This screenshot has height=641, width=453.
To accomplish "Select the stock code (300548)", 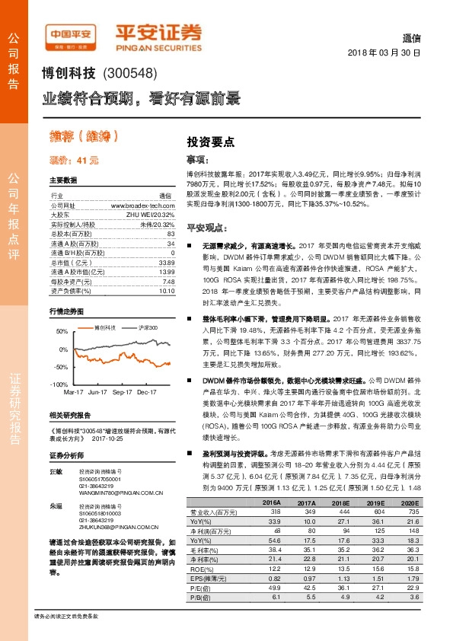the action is click(128, 75).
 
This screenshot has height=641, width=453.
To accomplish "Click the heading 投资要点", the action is click(211, 142).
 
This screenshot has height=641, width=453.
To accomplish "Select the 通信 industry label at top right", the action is click(410, 39).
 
